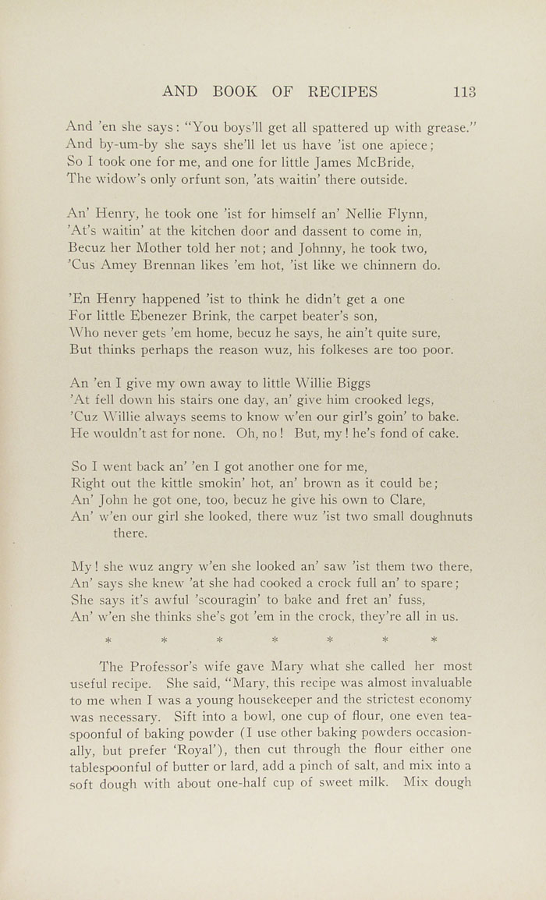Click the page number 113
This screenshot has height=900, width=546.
pos(464,91)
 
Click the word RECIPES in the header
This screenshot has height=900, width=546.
pos(342,91)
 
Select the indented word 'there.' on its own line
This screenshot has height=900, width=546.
pos(129,533)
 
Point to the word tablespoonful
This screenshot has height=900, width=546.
pos(115,766)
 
